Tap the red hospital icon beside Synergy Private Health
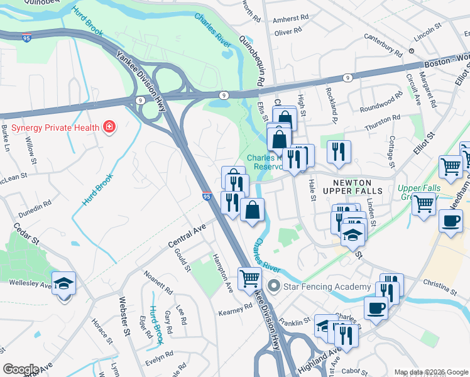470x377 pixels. [x=109, y=128]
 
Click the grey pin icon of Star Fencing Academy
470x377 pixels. [x=273, y=287]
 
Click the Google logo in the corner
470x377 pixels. [x=20, y=369]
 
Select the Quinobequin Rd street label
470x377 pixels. [x=251, y=61]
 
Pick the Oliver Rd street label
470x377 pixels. [x=288, y=32]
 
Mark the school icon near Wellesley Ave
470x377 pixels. [x=64, y=283]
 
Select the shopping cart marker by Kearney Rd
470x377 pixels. [x=249, y=278]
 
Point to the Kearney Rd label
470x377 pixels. [x=235, y=311]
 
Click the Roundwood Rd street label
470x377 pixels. [x=381, y=103]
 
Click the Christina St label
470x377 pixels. [x=440, y=285]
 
